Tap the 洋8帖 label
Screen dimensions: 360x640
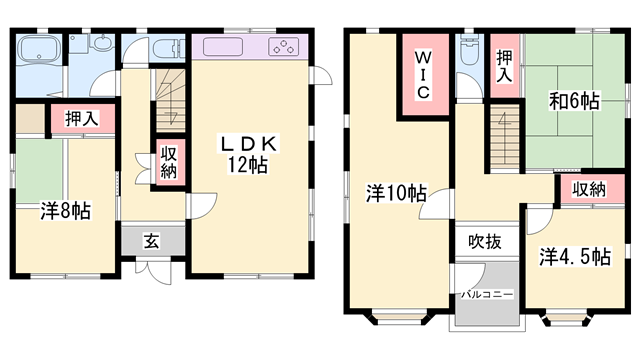(x=66, y=211)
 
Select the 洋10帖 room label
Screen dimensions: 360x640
(x=384, y=193)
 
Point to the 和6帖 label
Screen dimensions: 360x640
(x=573, y=101)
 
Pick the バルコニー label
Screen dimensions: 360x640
(x=487, y=295)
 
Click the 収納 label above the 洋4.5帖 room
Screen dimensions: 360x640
(x=589, y=189)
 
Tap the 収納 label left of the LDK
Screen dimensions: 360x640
(x=168, y=163)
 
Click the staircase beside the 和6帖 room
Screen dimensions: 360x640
(x=504, y=127)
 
